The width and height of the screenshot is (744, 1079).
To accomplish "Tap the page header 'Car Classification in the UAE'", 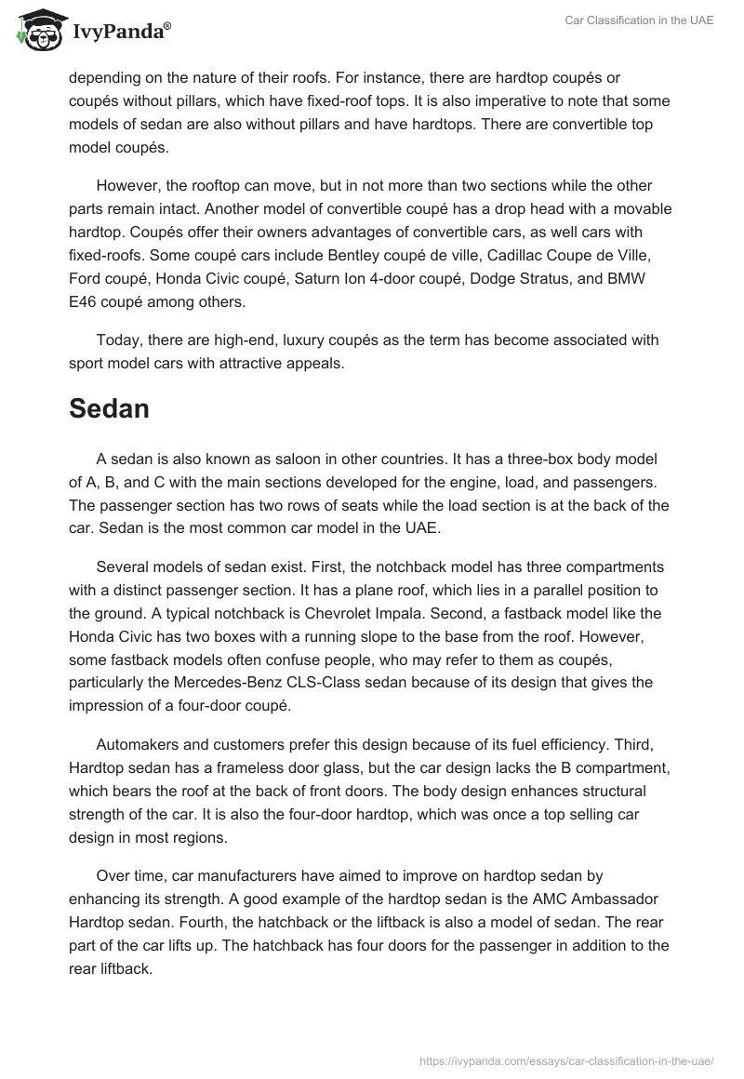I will [x=639, y=20].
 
